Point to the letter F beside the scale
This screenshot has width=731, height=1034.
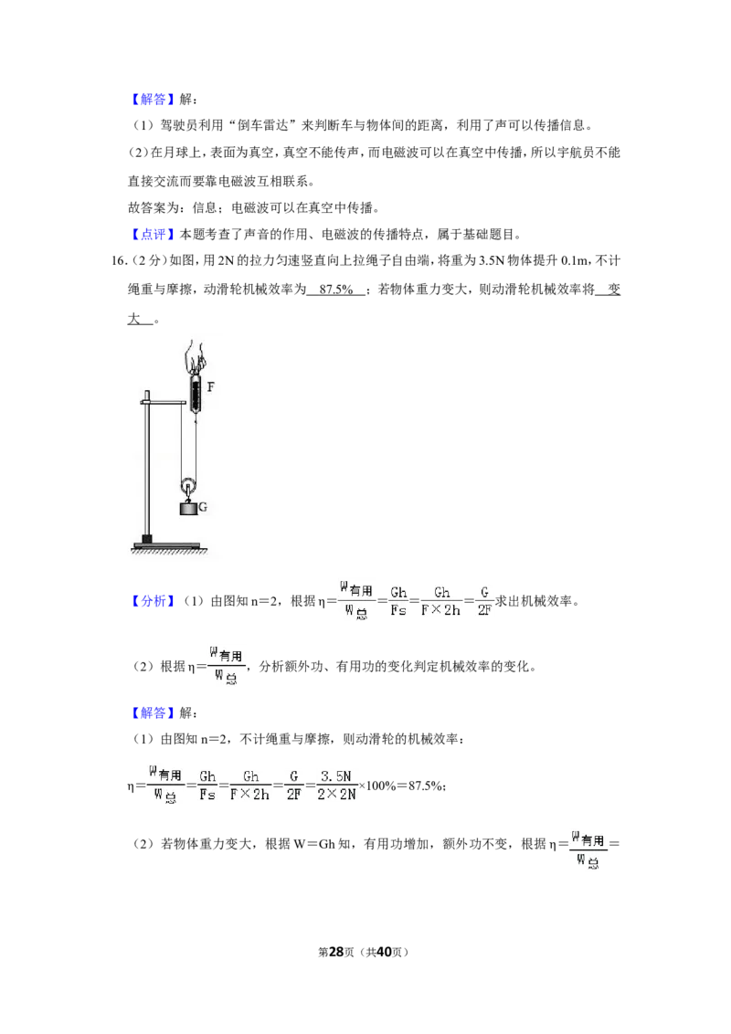210,386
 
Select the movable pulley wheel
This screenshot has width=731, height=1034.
188,485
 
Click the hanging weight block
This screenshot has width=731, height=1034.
188,509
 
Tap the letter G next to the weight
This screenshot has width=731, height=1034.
203,507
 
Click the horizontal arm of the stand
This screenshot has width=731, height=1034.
164,401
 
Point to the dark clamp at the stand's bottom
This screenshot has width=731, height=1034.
147,539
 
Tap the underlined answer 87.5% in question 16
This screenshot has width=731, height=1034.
336,290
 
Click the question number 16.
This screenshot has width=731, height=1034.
118,260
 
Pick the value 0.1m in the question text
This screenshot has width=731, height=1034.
574,260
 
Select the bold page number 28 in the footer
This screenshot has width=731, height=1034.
336,952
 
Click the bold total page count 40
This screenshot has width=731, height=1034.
384,952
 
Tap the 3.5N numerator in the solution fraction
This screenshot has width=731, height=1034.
336,776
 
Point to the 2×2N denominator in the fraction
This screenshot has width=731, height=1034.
336,795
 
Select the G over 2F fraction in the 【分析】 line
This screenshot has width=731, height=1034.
484,601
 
